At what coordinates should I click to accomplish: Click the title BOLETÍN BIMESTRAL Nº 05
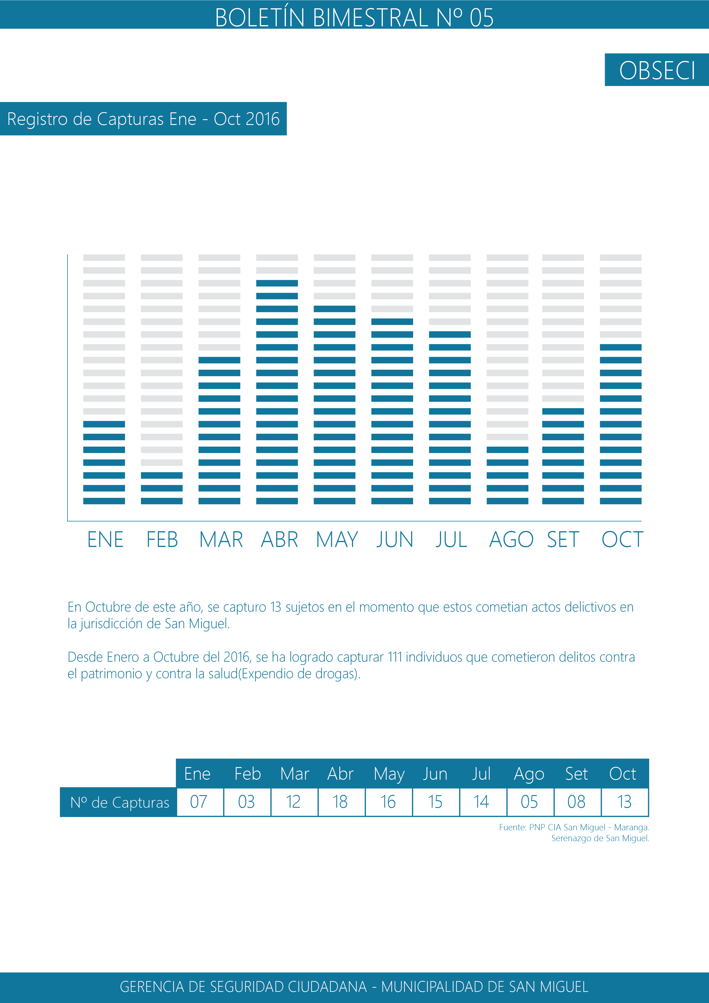click(354, 17)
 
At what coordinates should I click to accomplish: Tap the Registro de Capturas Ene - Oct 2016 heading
click(143, 119)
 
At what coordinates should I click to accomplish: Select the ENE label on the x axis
click(105, 540)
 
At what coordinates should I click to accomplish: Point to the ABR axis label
click(279, 540)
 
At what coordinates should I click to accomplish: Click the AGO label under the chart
click(511, 540)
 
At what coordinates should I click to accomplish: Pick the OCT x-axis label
click(622, 540)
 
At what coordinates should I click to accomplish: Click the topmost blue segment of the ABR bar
click(277, 283)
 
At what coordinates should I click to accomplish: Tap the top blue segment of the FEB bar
click(162, 475)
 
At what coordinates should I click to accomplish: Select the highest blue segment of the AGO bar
click(507, 450)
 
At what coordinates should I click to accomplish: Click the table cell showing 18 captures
click(340, 802)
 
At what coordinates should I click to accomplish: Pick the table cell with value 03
click(246, 802)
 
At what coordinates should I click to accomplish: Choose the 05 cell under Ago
click(529, 802)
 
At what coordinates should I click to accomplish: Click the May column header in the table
click(389, 774)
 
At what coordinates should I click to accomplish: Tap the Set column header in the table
click(576, 774)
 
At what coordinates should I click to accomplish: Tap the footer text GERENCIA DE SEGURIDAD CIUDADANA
click(243, 987)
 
